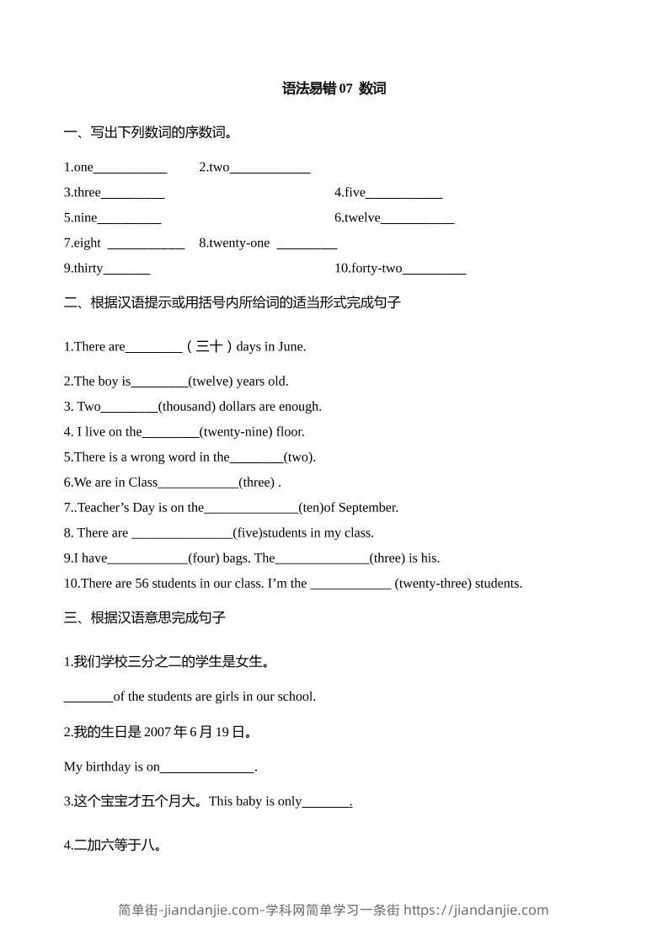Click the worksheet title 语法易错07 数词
[x=334, y=88]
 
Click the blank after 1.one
[x=130, y=168]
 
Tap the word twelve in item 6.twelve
[x=362, y=218]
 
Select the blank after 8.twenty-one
[x=307, y=243]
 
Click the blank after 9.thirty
[x=126, y=269]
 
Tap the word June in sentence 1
[x=289, y=346]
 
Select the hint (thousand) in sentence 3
[x=186, y=406]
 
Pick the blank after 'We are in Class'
[x=198, y=483]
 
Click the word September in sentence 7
[x=368, y=507]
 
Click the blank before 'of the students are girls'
[x=88, y=697]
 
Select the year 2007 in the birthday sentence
[x=158, y=732]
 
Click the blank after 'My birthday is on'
[x=206, y=767]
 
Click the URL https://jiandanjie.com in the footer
[x=476, y=910]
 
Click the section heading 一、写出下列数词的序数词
[x=149, y=132]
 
